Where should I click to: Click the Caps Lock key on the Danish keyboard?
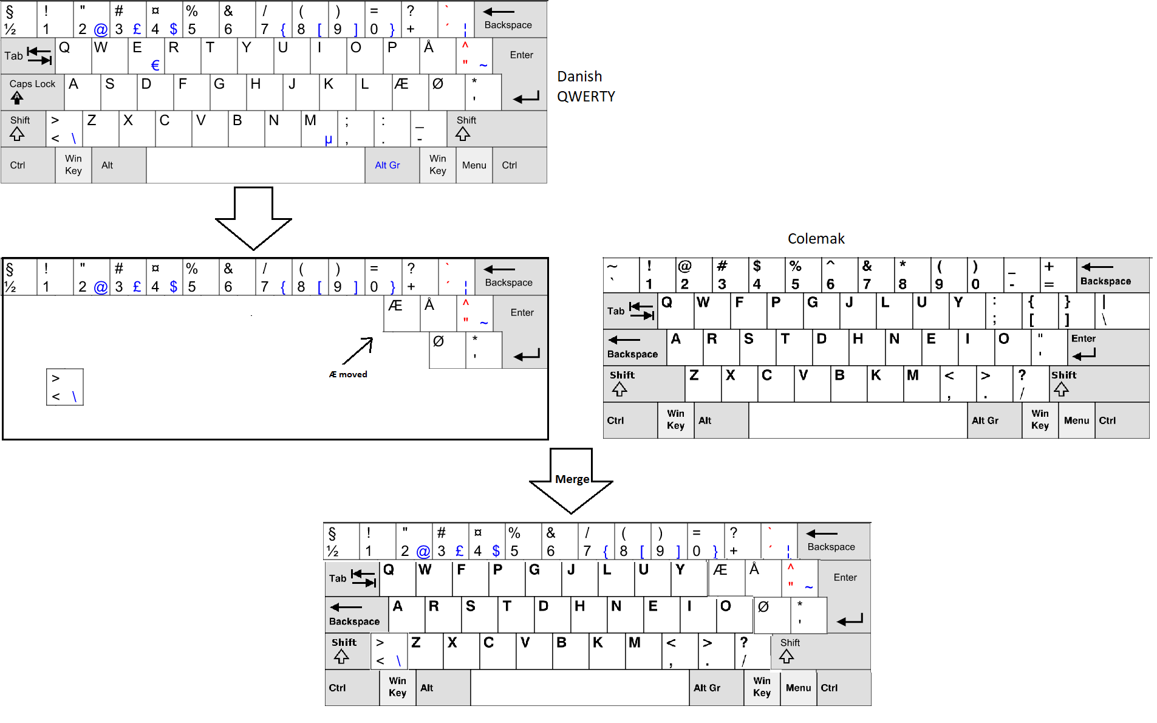(32, 92)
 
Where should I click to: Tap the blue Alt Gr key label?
(387, 165)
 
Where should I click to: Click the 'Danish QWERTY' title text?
(586, 86)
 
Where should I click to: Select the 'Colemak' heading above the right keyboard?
(816, 239)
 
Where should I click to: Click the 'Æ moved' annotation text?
(348, 374)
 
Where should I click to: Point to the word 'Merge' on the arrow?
(572, 479)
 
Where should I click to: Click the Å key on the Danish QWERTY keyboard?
(437, 56)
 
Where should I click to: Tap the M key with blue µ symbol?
(319, 129)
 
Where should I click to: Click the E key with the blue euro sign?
(146, 56)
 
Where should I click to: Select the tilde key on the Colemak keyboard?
(621, 275)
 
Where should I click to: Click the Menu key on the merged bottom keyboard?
(798, 688)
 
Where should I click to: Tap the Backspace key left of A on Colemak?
(635, 348)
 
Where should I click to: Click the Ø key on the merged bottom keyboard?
(772, 615)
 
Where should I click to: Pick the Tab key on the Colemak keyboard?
(630, 311)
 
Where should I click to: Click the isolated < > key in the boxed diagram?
(65, 387)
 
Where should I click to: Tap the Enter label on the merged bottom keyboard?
(845, 578)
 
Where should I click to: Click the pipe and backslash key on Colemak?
(1122, 311)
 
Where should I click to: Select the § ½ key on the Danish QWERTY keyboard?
(19, 19)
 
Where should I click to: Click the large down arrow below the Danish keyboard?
(253, 218)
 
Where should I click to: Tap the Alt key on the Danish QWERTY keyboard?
(119, 165)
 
